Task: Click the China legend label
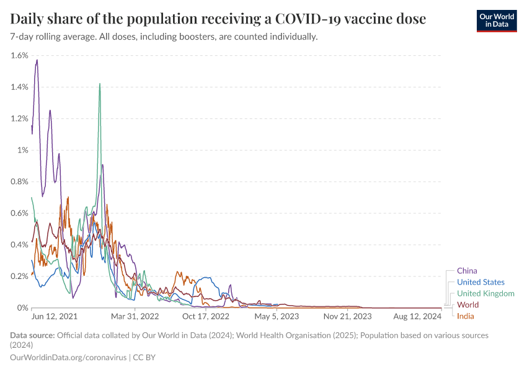pyautogui.click(x=467, y=270)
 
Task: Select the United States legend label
pyautogui.click(x=480, y=282)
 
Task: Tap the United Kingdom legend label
pyautogui.click(x=485, y=293)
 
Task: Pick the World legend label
pyautogui.click(x=467, y=305)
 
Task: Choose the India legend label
pyautogui.click(x=466, y=316)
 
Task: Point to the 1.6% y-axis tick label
pyautogui.click(x=19, y=55)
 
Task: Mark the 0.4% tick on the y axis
pyautogui.click(x=19, y=244)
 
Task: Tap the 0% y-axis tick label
pyautogui.click(x=22, y=308)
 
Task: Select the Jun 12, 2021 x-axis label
pyautogui.click(x=55, y=316)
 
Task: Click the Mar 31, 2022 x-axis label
pyautogui.click(x=135, y=316)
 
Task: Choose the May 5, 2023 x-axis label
pyautogui.click(x=277, y=316)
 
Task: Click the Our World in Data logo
pyautogui.click(x=496, y=20)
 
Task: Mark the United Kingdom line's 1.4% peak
pyautogui.click(x=99, y=84)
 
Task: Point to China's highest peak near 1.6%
pyautogui.click(x=37, y=60)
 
